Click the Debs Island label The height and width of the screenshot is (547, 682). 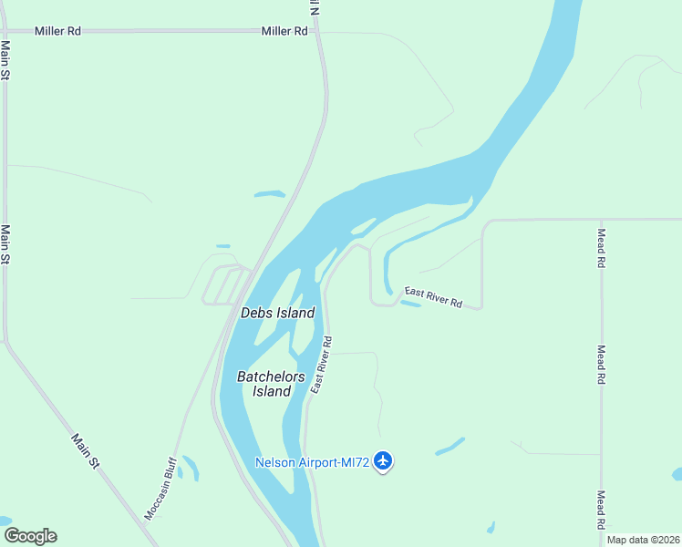click(277, 313)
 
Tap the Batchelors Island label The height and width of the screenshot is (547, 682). click(264, 384)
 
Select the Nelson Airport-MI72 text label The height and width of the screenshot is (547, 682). click(312, 462)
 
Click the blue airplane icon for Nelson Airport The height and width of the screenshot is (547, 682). click(383, 461)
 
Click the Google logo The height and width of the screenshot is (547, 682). click(30, 536)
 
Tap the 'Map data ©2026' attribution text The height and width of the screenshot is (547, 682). click(644, 540)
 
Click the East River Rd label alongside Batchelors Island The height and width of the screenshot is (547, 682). click(320, 365)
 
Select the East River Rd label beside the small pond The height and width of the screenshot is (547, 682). click(433, 296)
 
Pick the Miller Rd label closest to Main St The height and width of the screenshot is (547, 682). click(58, 31)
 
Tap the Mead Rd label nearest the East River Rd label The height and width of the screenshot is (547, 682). click(601, 248)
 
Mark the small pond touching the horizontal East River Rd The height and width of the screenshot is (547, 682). click(410, 304)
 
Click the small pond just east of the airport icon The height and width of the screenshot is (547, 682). click(449, 446)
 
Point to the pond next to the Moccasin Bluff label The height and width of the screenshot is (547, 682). click(190, 467)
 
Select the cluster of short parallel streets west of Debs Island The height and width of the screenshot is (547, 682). click(222, 285)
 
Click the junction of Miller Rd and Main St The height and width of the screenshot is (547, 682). click(5, 31)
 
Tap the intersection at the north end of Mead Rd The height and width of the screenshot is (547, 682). click(601, 220)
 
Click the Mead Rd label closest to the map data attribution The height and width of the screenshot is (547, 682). click(601, 511)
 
